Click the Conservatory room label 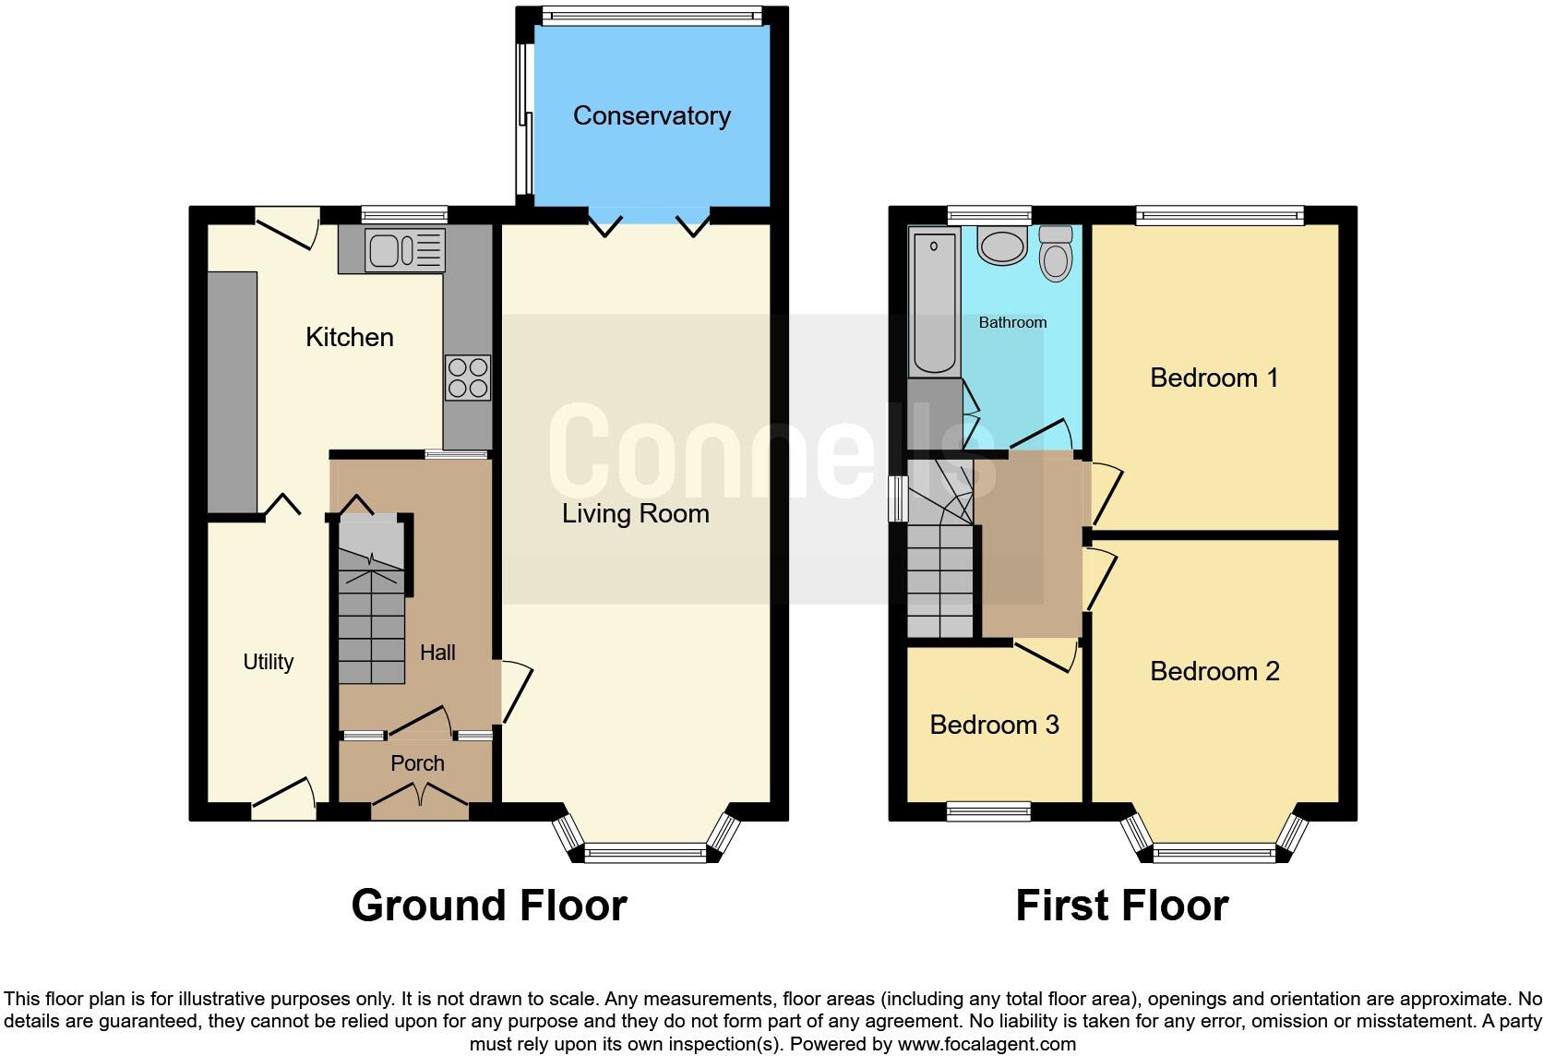(x=652, y=115)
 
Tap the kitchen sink (x=405, y=249)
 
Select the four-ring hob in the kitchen (x=468, y=378)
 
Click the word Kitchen (x=350, y=337)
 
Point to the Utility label (x=269, y=662)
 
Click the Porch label (x=417, y=763)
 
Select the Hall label (x=437, y=653)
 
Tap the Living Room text (x=636, y=514)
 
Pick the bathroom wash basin (x=1002, y=246)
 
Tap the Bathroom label (x=1012, y=322)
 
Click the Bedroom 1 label (x=1214, y=378)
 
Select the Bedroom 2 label (x=1214, y=671)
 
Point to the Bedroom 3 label (x=994, y=725)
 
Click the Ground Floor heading (x=489, y=906)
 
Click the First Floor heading (x=1122, y=906)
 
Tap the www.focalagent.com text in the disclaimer (x=987, y=1045)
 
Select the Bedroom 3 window (x=988, y=811)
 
